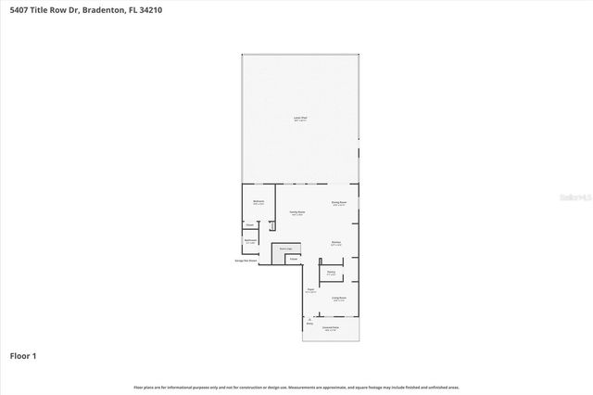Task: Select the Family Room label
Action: point(296,213)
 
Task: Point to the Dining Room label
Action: point(339,202)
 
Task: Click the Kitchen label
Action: point(336,244)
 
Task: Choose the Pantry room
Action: point(332,273)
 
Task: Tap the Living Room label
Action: point(339,299)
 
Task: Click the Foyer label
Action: point(310,290)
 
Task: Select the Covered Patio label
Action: point(330,328)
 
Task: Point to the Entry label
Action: point(297,323)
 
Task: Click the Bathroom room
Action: point(250,242)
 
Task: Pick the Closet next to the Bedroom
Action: point(250,224)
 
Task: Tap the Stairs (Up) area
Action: point(286,249)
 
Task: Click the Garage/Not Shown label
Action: point(246,261)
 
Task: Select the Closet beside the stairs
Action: point(293,259)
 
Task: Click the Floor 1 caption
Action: point(23,355)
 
